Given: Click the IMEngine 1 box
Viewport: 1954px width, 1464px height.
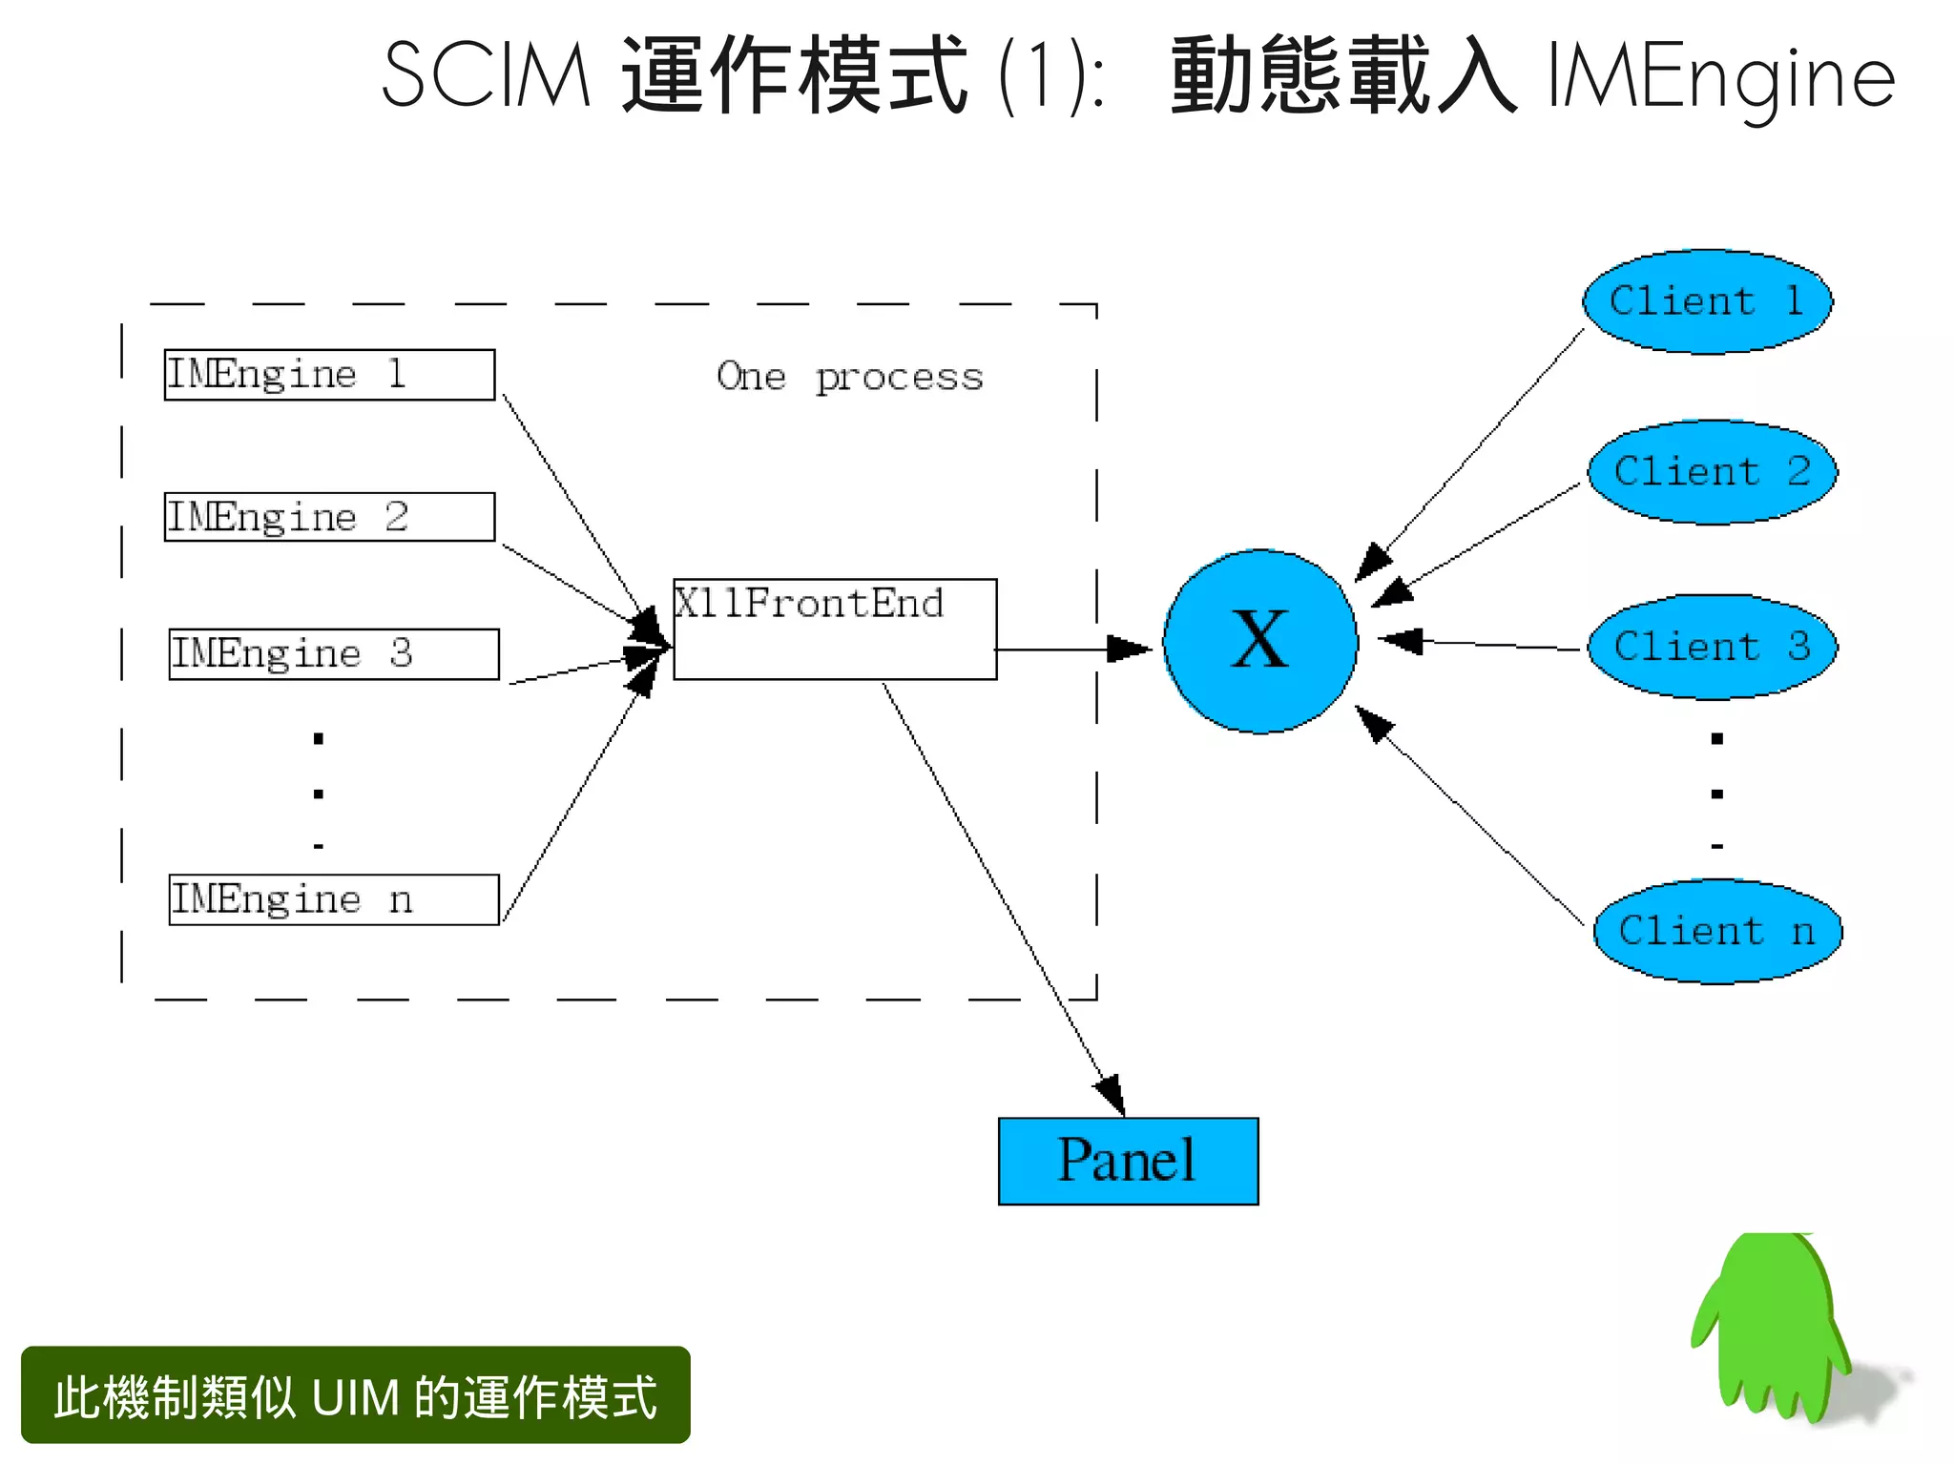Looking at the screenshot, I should tap(329, 375).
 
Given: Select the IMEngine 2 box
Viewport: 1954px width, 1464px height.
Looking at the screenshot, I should tap(329, 517).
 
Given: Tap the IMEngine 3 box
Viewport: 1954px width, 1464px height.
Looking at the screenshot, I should tap(333, 654).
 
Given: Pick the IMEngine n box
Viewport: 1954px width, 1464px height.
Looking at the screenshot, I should tap(333, 899).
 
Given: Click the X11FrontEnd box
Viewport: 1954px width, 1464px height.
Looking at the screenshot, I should tap(835, 629).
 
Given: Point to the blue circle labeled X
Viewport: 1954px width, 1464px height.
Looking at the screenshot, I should tap(1260, 642).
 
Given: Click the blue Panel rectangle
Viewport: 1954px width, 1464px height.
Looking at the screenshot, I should tap(1128, 1161).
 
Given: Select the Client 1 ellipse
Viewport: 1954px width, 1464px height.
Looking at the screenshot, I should tap(1707, 302).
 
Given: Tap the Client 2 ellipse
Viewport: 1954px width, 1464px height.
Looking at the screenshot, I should tap(1712, 472).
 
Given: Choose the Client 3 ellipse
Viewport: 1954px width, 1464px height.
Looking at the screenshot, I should tap(1712, 648).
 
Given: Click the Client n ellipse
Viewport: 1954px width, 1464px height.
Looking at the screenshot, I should tap(1716, 932).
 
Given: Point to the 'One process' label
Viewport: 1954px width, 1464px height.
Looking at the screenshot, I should tap(849, 378).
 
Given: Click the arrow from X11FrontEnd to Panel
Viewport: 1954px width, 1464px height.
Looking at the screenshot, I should tap(1002, 897).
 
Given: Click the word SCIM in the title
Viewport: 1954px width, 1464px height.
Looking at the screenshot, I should tap(487, 76).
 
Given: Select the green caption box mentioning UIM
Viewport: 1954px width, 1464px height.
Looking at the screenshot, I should tap(355, 1394).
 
